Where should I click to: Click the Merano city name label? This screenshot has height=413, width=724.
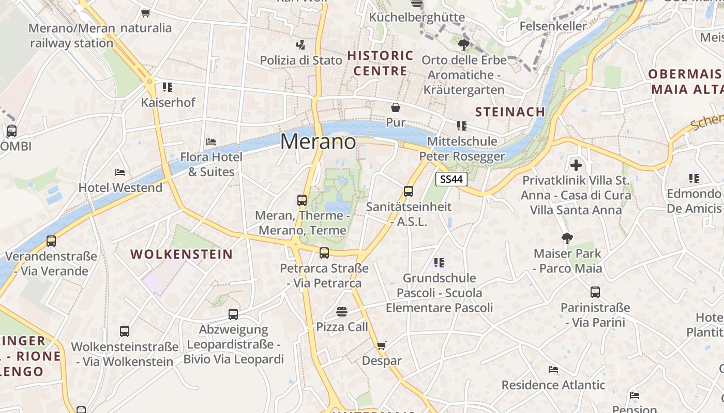(318, 141)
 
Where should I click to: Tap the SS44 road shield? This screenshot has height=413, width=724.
(451, 179)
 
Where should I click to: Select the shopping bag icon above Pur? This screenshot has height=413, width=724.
(396, 107)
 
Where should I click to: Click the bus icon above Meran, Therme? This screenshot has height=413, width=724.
(302, 200)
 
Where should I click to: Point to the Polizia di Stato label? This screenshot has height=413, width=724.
(301, 60)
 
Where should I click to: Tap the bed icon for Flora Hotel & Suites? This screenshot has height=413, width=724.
(211, 141)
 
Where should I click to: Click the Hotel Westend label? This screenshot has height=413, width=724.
(120, 187)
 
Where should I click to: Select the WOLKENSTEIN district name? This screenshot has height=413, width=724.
(182, 254)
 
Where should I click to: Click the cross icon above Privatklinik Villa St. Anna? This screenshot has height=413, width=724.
(576, 166)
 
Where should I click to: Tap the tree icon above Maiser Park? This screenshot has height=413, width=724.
(567, 238)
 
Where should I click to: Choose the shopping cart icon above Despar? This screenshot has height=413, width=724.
(382, 345)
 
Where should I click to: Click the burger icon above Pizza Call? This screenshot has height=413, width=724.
(342, 311)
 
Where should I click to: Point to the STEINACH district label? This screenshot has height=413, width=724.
(510, 112)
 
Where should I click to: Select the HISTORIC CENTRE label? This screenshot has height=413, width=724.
(380, 63)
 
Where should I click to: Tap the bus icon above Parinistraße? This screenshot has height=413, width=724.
(595, 292)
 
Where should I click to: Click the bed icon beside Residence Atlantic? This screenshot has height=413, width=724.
(553, 370)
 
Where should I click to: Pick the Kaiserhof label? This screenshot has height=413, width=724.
(168, 102)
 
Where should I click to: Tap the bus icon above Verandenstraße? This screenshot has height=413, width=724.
(51, 241)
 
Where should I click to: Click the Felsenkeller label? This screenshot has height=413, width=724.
(553, 26)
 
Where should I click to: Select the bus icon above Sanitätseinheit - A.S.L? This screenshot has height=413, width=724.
(409, 192)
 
